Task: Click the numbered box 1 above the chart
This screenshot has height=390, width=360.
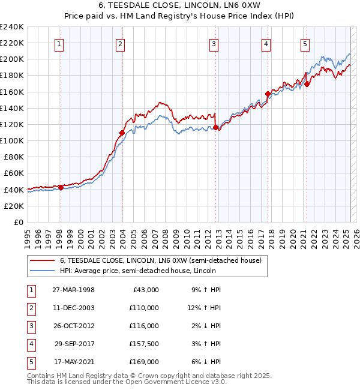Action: tap(60, 43)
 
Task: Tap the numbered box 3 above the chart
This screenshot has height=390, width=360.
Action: tap(214, 43)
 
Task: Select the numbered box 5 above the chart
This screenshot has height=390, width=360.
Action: tap(305, 43)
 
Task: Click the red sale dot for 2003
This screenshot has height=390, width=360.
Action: tap(122, 133)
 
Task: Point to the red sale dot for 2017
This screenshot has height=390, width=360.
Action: tap(268, 94)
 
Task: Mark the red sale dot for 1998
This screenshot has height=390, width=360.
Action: tap(61, 187)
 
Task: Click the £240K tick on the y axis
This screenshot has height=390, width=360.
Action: tap(12, 27)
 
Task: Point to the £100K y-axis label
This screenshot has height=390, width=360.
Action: tap(12, 140)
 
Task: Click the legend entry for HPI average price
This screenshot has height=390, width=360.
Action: tap(163, 271)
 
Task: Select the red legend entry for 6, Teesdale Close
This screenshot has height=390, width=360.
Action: tap(160, 260)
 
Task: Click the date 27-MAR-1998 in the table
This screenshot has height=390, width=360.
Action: tap(73, 290)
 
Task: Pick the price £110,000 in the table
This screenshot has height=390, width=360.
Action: tap(144, 308)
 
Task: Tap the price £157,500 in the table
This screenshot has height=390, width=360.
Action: tap(144, 344)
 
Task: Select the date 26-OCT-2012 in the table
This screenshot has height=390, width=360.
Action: tap(73, 326)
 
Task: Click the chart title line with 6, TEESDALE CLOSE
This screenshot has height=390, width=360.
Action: tap(180, 6)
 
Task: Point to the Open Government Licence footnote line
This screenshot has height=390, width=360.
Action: tap(127, 382)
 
